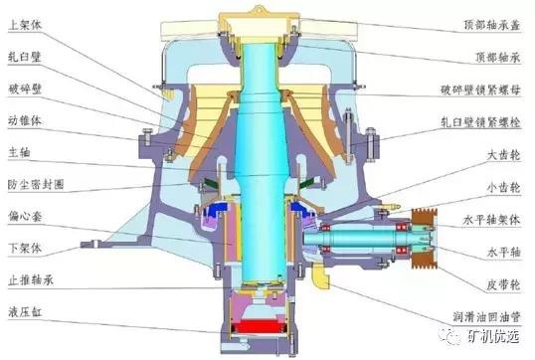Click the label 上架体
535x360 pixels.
[25, 25]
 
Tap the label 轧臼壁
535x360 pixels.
[25, 57]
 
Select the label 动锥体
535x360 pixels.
[25, 120]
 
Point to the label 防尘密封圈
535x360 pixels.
[36, 185]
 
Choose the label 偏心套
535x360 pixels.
[25, 216]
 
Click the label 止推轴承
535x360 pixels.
[31, 280]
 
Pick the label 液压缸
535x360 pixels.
[25, 311]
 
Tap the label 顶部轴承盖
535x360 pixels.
[491, 25]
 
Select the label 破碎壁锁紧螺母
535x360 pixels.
[480, 90]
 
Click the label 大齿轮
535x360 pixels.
[503, 155]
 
